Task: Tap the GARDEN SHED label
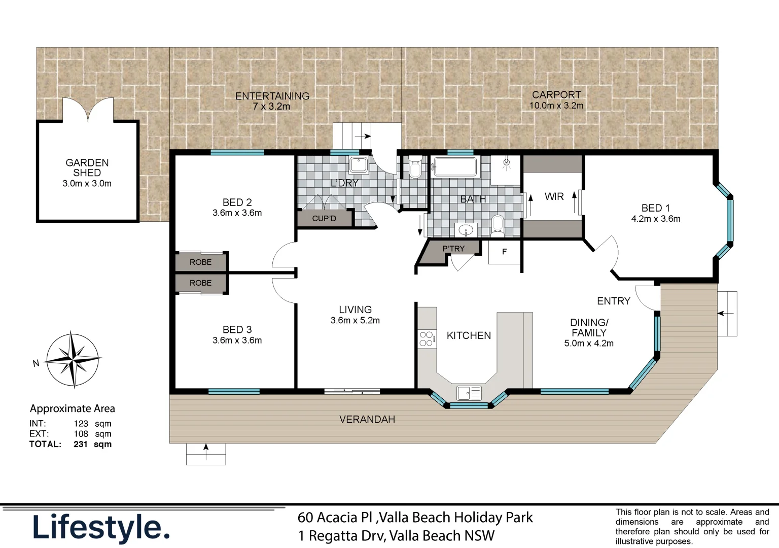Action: point(87,168)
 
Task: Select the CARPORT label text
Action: point(556,95)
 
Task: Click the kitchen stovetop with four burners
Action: point(427,339)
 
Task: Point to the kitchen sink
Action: point(469,393)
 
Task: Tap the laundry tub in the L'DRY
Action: point(359,165)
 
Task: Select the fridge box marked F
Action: point(505,252)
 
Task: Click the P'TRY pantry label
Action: point(453,249)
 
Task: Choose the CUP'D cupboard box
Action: point(325,219)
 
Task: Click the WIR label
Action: point(554,196)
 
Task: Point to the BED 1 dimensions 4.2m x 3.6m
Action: point(656,219)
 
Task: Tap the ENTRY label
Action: point(613,301)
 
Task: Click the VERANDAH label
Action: point(367,419)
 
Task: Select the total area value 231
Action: point(81,444)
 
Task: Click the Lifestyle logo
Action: point(101,528)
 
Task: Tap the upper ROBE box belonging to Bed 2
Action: point(201,262)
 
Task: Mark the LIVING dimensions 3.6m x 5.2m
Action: point(355,320)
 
